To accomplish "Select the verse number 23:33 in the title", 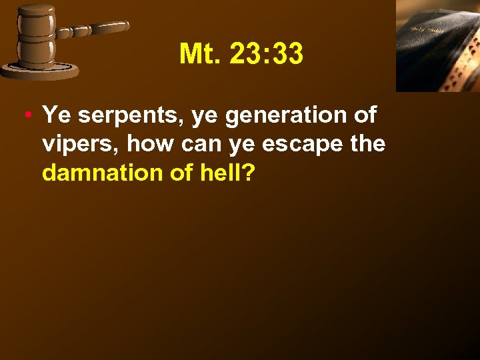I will click(x=266, y=55).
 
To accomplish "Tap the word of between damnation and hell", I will click(x=179, y=173).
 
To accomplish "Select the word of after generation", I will click(x=364, y=115).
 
